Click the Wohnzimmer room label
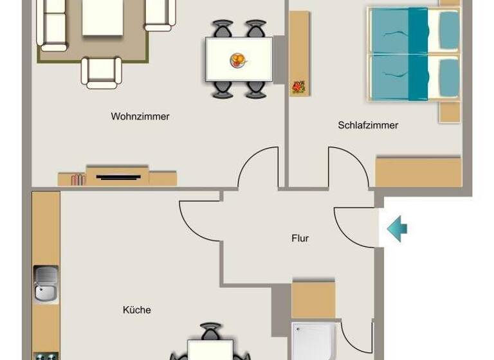click(140, 116)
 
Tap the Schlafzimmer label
click(368, 125)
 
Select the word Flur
click(300, 239)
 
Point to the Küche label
click(136, 310)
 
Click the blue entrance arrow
click(397, 228)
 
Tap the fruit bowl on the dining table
click(238, 60)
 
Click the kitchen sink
click(46, 284)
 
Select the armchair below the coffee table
click(102, 71)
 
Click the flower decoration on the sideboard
click(298, 87)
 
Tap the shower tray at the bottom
click(313, 341)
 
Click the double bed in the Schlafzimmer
click(413, 54)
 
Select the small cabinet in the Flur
click(313, 300)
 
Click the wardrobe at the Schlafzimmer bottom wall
click(418, 172)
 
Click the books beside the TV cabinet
click(78, 179)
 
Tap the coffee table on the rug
click(102, 17)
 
